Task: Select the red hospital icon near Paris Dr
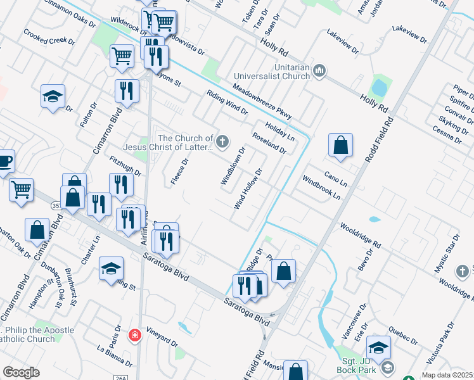click(134, 334)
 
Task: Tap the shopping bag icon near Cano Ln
click(340, 145)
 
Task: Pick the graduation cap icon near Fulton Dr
click(53, 97)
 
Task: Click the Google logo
click(22, 372)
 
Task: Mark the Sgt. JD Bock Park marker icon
click(387, 367)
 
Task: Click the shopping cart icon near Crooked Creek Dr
click(122, 56)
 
